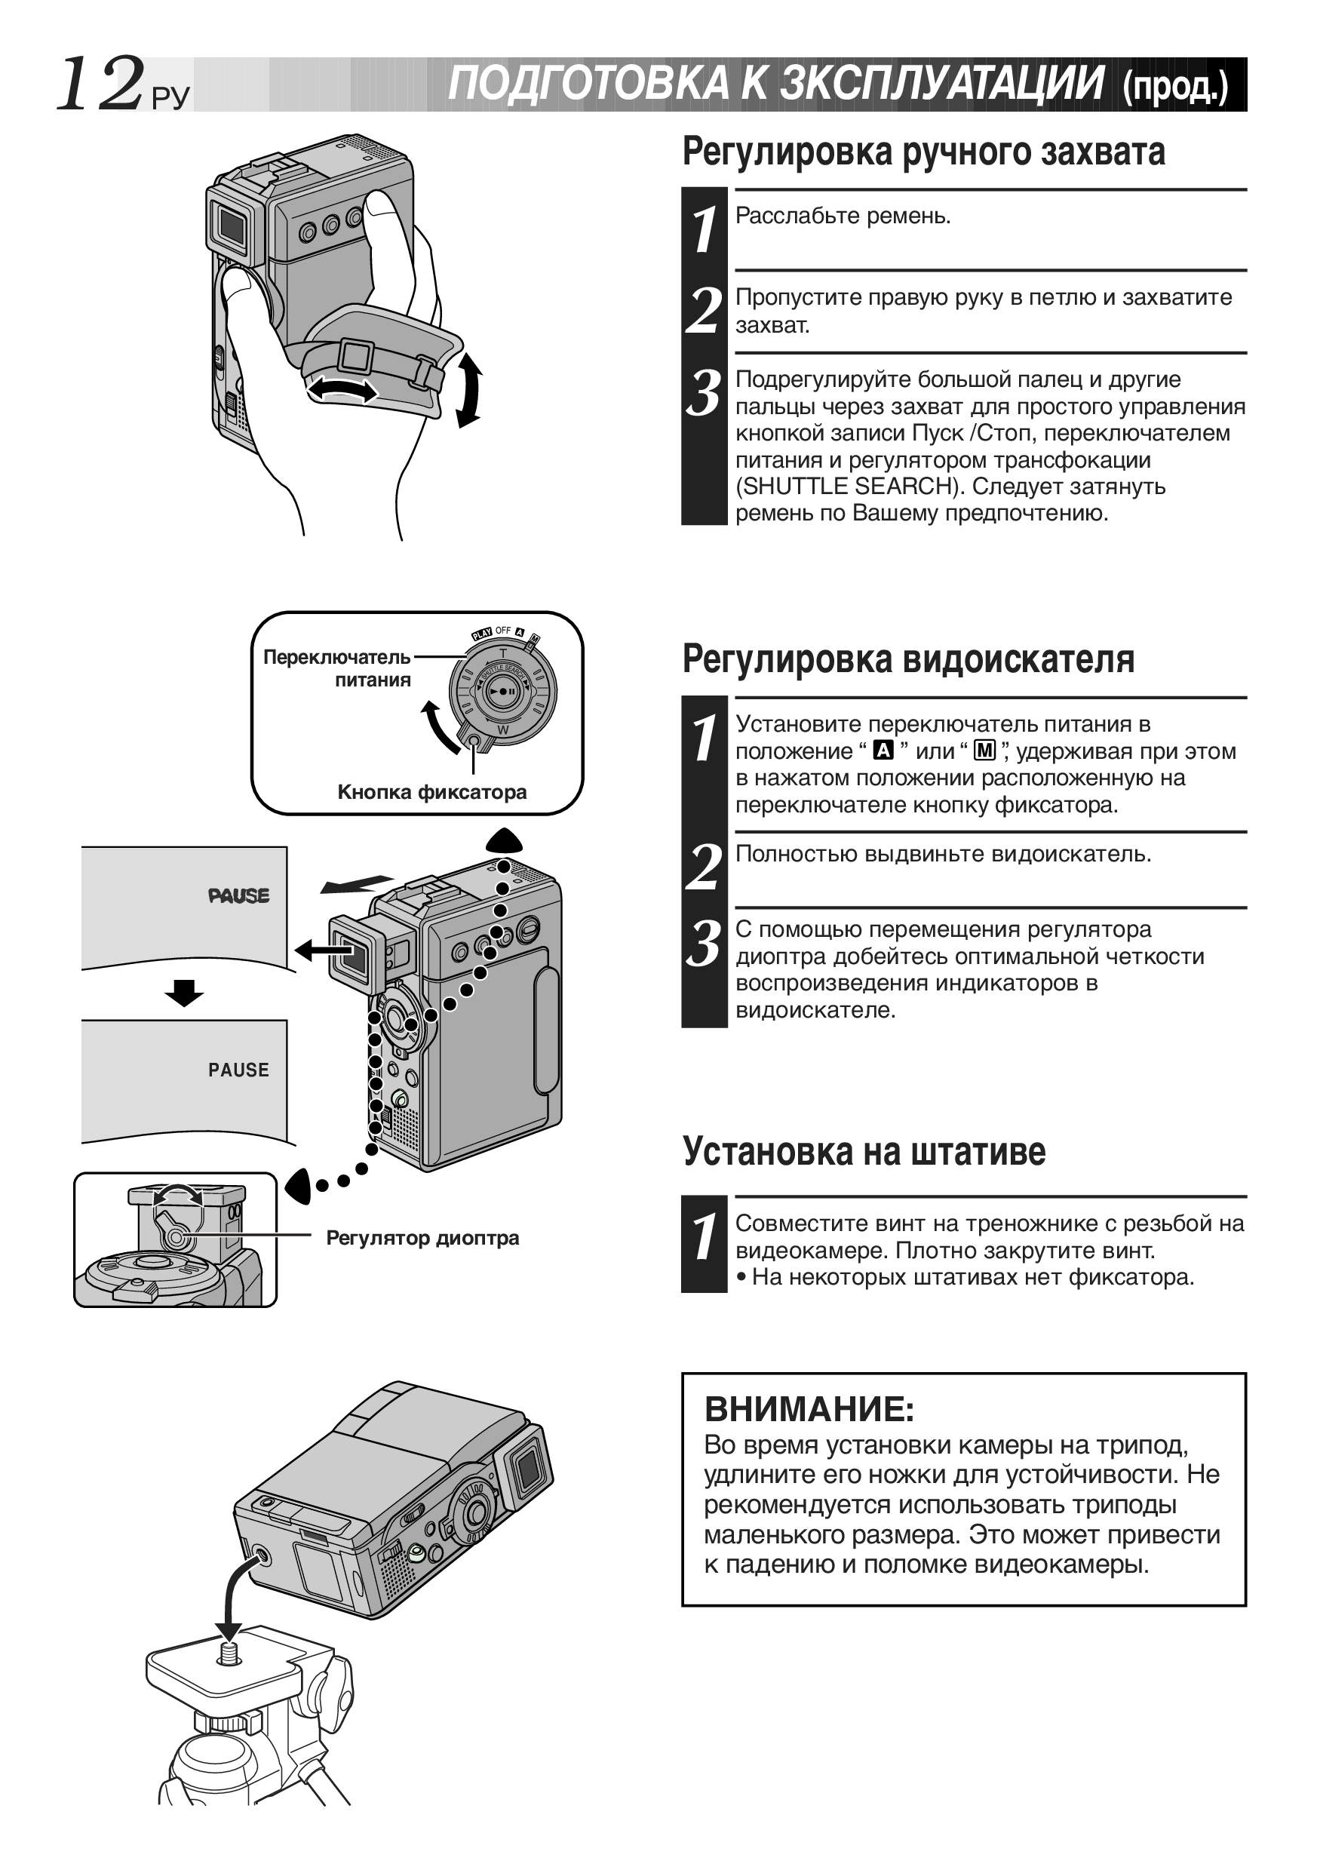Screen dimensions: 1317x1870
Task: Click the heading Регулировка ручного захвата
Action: [923, 152]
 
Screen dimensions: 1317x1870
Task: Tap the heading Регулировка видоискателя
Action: [908, 658]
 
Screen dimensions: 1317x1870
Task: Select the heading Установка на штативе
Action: [864, 1151]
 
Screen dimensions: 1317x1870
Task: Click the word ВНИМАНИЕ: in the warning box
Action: [809, 1408]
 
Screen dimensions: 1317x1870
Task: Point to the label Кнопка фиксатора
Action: [431, 791]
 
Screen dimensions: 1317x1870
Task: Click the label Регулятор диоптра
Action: [422, 1237]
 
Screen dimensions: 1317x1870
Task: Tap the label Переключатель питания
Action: [337, 668]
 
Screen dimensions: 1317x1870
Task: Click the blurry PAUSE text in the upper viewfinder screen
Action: [238, 896]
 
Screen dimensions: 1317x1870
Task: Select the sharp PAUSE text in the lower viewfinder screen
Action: [238, 1070]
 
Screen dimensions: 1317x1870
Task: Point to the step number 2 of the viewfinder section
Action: [704, 867]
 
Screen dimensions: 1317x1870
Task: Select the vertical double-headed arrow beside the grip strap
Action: [468, 389]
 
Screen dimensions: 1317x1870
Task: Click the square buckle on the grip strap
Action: [355, 356]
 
